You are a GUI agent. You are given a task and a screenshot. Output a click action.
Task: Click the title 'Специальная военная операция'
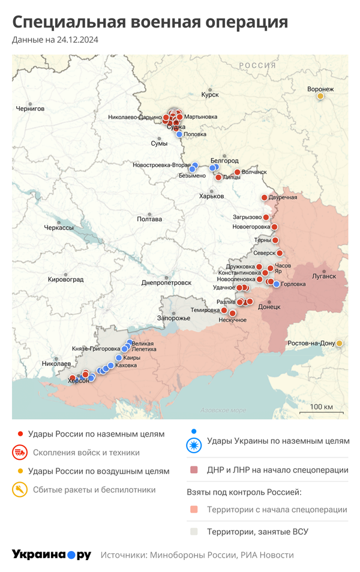(150, 22)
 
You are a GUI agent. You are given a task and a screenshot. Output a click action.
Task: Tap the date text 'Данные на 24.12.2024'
(55, 40)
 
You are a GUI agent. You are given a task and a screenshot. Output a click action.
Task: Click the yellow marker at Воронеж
(320, 96)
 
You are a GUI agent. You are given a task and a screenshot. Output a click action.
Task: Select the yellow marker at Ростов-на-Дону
(340, 343)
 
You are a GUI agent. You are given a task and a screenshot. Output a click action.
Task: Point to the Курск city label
(210, 95)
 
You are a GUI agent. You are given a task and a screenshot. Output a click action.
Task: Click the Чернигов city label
(31, 109)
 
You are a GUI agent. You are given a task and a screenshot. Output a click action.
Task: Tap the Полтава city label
(149, 219)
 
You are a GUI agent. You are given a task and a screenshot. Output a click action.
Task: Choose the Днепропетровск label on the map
(166, 282)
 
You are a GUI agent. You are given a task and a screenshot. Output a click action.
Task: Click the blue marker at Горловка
(276, 284)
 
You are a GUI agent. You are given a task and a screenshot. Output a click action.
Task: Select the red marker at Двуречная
(263, 198)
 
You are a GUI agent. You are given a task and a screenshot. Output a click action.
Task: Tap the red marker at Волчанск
(238, 173)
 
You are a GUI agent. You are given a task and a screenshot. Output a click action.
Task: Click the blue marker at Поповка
(179, 134)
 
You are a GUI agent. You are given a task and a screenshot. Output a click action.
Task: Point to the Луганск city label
(324, 276)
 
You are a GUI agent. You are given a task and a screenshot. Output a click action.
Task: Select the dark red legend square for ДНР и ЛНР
(193, 470)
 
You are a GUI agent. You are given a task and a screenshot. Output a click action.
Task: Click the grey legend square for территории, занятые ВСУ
(193, 531)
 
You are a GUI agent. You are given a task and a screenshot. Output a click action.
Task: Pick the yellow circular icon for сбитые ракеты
(20, 489)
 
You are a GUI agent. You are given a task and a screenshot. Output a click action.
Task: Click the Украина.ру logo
(52, 555)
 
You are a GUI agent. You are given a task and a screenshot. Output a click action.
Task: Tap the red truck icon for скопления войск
(20, 453)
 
